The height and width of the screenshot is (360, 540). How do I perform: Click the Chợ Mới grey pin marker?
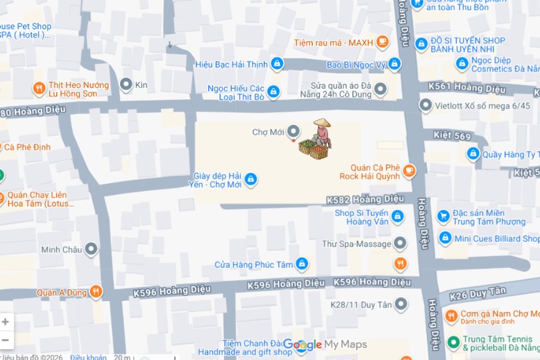(x=294, y=131)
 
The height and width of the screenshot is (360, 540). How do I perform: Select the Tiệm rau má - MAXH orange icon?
(x=382, y=43)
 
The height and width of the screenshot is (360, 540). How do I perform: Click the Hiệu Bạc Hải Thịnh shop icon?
(x=276, y=63)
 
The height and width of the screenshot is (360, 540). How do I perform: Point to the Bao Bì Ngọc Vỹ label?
(x=356, y=64)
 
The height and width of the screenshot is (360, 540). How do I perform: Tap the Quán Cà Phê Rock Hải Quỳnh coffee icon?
(x=409, y=170)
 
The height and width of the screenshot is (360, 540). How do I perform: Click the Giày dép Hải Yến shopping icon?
(x=251, y=179)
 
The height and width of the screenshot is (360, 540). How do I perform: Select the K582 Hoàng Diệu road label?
(x=365, y=199)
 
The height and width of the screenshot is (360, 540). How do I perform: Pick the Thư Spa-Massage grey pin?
(x=400, y=244)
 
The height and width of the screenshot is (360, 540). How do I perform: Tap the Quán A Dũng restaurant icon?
(x=95, y=292)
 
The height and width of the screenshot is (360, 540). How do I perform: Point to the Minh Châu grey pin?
(x=91, y=250)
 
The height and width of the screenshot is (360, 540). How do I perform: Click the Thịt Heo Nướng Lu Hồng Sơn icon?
(x=39, y=89)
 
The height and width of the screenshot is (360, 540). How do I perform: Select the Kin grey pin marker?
(x=126, y=84)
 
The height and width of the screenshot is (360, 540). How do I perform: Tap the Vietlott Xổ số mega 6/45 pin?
(x=425, y=105)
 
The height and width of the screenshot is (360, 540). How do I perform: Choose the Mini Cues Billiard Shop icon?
(x=445, y=239)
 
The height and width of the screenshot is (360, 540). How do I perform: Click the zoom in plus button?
(x=6, y=322)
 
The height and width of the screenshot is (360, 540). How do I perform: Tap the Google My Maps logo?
(x=325, y=345)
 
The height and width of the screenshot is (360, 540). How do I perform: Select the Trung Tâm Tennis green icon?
(x=453, y=343)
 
